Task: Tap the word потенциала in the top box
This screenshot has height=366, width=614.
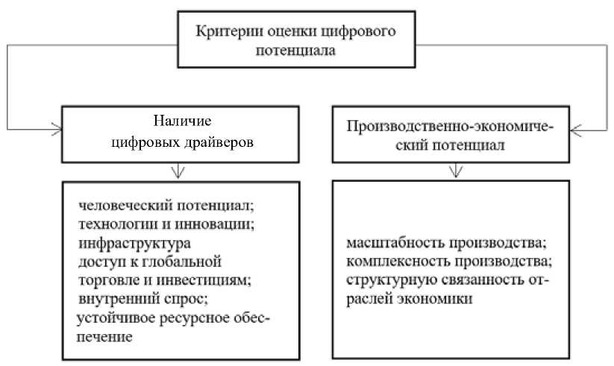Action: click(x=295, y=51)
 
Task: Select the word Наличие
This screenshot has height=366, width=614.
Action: click(x=182, y=121)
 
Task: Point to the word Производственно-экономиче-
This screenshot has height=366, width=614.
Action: click(x=451, y=127)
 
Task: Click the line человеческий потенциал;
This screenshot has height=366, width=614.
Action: click(x=166, y=205)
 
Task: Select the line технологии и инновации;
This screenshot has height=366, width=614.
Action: click(x=166, y=224)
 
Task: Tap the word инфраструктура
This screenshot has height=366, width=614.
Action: click(x=135, y=244)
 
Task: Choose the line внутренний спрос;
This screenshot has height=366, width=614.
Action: click(x=143, y=299)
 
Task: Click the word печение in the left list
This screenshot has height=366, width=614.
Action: click(x=104, y=337)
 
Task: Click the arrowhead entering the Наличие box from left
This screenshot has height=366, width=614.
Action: click(x=57, y=129)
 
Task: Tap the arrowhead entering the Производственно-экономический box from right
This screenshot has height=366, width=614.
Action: click(x=576, y=130)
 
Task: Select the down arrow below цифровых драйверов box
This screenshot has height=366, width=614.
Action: click(x=178, y=171)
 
